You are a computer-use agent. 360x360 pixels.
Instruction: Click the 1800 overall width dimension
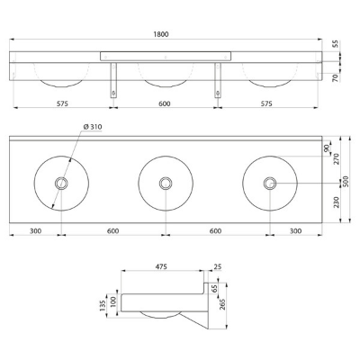click(161, 34)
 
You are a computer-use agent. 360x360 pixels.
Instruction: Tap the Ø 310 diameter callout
click(93, 127)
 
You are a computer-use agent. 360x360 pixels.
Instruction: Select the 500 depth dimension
click(346, 181)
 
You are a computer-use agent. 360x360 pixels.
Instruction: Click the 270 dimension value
click(336, 158)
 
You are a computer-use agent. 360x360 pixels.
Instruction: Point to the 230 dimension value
click(336, 202)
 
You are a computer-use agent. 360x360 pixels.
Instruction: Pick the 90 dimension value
click(327, 148)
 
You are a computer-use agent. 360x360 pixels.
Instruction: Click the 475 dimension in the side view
click(161, 266)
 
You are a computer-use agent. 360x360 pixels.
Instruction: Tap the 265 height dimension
click(222, 305)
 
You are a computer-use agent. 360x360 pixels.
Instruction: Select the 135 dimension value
click(103, 305)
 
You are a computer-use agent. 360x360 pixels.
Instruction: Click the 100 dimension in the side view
click(112, 301)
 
